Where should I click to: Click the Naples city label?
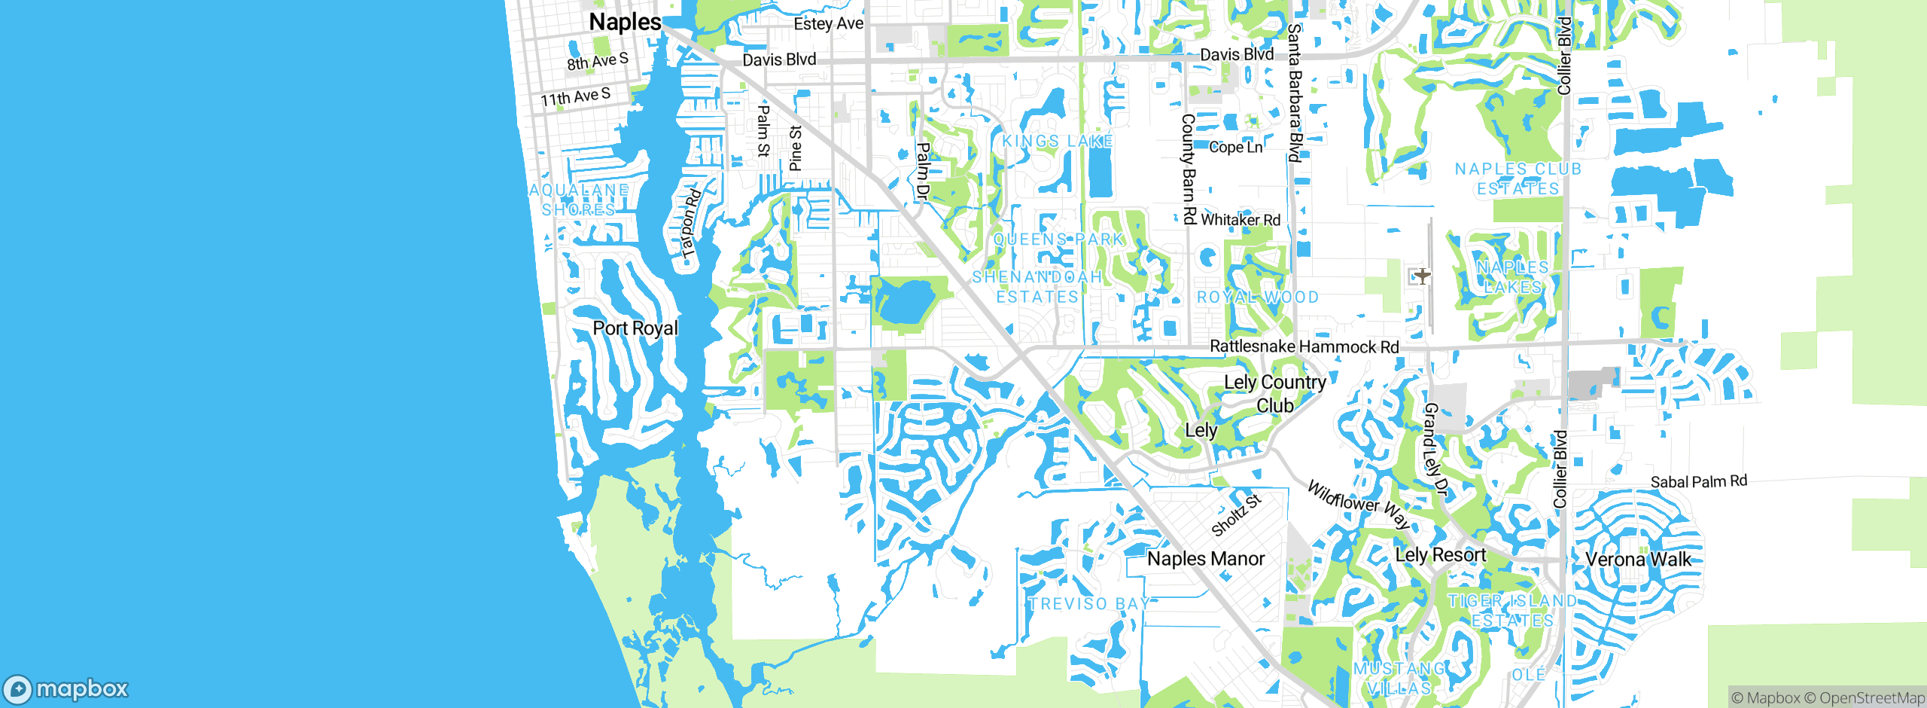click(625, 23)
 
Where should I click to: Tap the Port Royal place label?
click(635, 328)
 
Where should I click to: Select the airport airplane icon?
click(1422, 276)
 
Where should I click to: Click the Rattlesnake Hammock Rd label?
click(1304, 346)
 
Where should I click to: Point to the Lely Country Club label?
click(1275, 393)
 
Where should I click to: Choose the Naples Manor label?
click(1206, 559)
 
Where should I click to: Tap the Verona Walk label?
click(1638, 560)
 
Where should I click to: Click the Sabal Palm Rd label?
click(1698, 481)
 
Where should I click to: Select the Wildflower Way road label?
click(1358, 505)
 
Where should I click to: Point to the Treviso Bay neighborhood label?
click(1089, 604)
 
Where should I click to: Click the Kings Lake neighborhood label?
click(1057, 142)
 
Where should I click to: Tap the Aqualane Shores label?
click(578, 200)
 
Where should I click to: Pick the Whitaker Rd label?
click(1240, 220)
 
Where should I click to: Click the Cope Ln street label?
click(1235, 148)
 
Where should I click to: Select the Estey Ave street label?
click(828, 24)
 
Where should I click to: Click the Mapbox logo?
click(66, 689)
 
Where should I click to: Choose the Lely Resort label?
click(1440, 555)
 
